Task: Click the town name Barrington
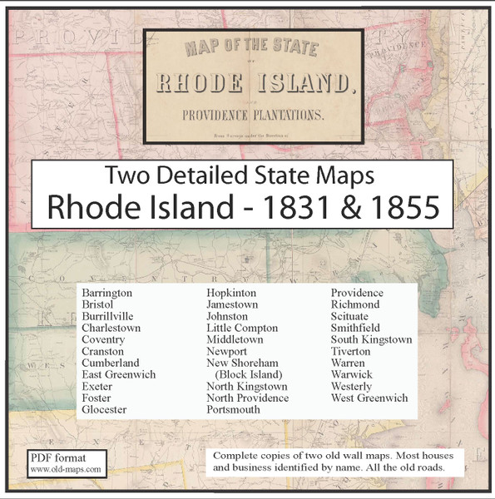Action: click(107, 294)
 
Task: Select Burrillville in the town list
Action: click(107, 317)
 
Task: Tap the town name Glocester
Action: click(104, 410)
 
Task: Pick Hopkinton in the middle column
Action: click(231, 294)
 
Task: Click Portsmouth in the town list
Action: click(235, 410)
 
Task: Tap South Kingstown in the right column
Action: click(371, 340)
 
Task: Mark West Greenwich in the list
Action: click(369, 398)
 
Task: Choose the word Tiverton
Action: click(351, 352)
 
